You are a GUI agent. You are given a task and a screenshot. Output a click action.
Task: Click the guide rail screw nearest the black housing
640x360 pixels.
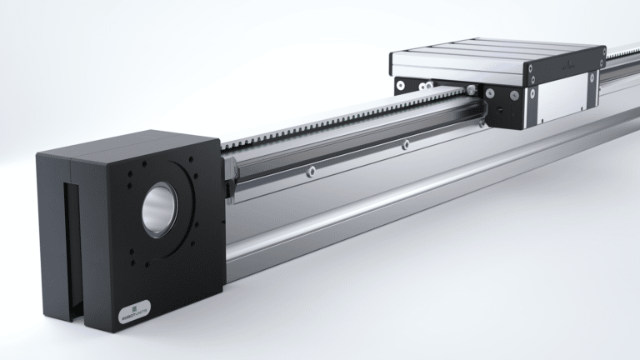click(308, 171)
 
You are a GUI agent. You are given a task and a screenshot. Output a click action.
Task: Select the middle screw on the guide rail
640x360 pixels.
click(406, 145)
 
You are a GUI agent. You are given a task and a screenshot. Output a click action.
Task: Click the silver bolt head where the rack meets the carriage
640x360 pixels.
click(472, 89)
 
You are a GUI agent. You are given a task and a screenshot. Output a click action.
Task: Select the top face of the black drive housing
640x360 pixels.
click(125, 142)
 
